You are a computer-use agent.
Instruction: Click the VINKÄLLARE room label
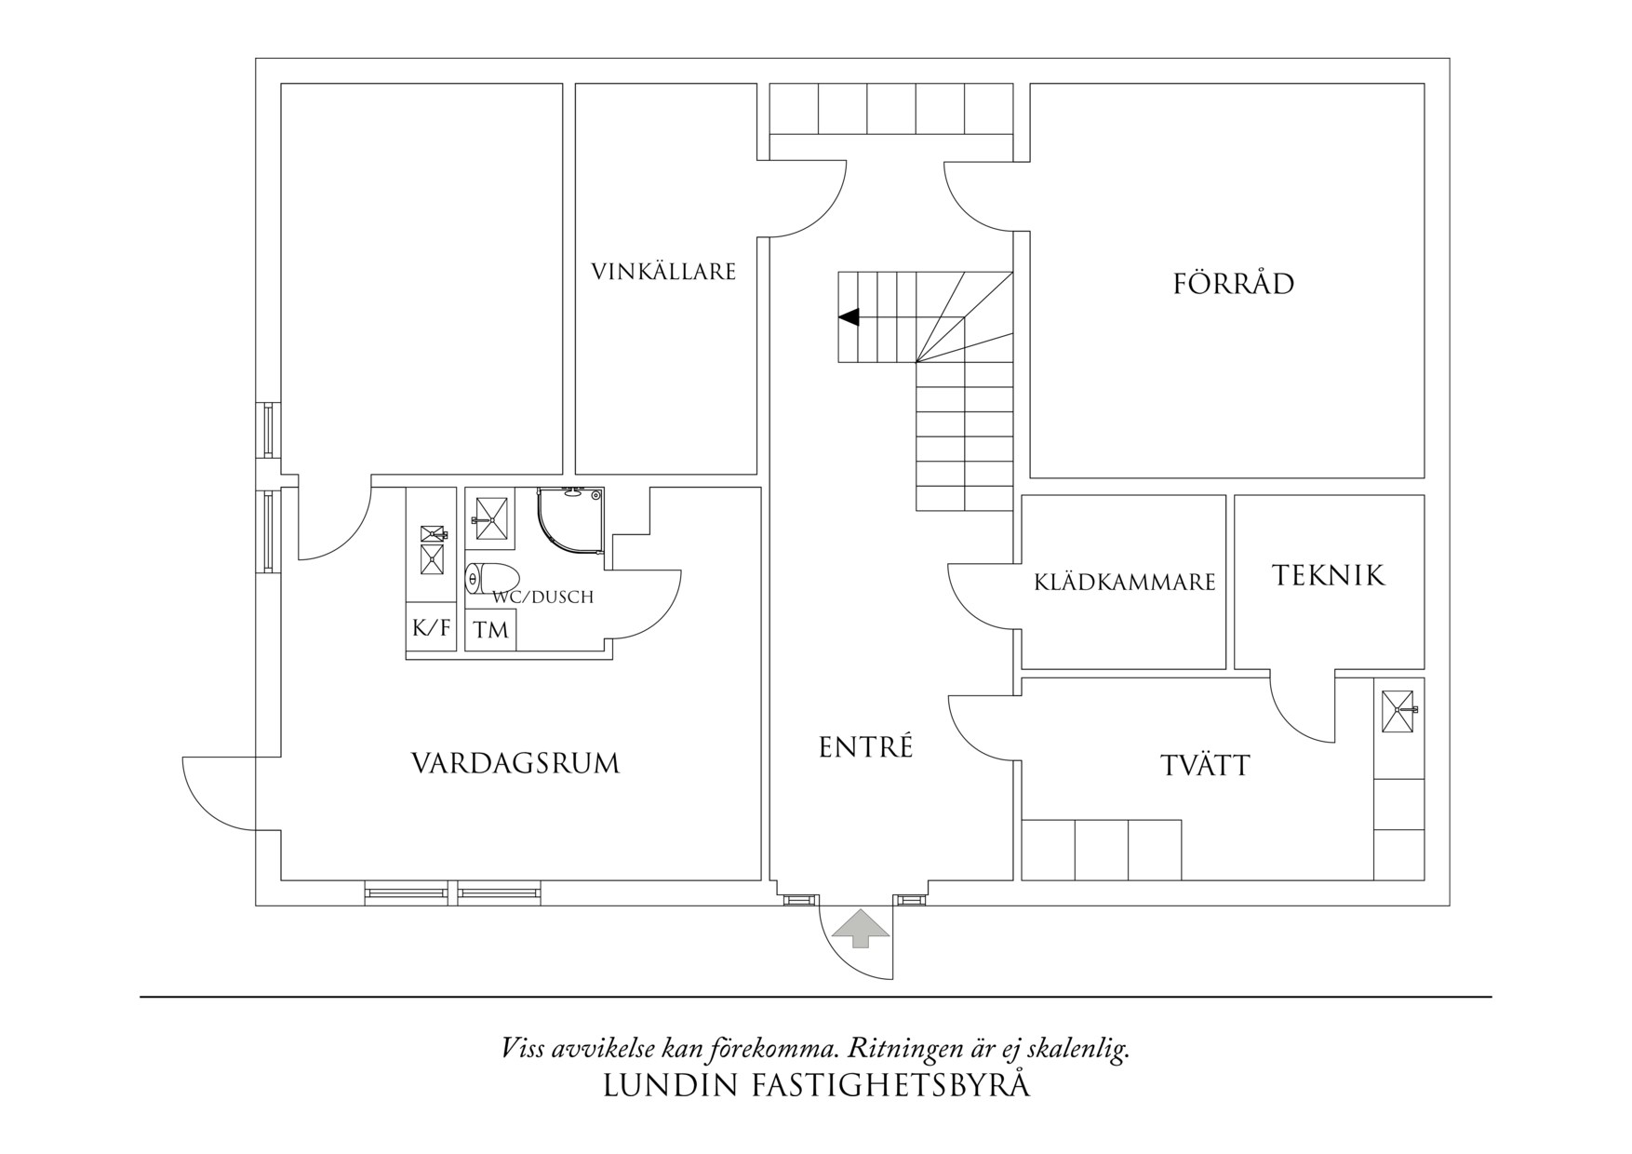663,272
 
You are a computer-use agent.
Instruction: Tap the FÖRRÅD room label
1233,284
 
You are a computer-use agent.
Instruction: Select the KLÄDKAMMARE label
1124,583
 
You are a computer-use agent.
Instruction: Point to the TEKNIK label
1328,576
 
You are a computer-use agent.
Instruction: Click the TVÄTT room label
1205,766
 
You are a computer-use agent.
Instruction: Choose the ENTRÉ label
865,747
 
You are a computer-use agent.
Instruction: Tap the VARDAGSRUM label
515,764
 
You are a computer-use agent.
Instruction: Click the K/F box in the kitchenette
431,628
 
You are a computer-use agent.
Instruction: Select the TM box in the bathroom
490,631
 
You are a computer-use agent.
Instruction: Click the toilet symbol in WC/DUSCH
491,579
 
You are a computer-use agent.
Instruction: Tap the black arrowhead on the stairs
849,317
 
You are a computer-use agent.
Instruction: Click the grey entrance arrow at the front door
860,928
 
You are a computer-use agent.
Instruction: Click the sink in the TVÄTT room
1398,711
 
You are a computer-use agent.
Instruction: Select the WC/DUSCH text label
542,597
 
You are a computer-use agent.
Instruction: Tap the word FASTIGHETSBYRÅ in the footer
890,1086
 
